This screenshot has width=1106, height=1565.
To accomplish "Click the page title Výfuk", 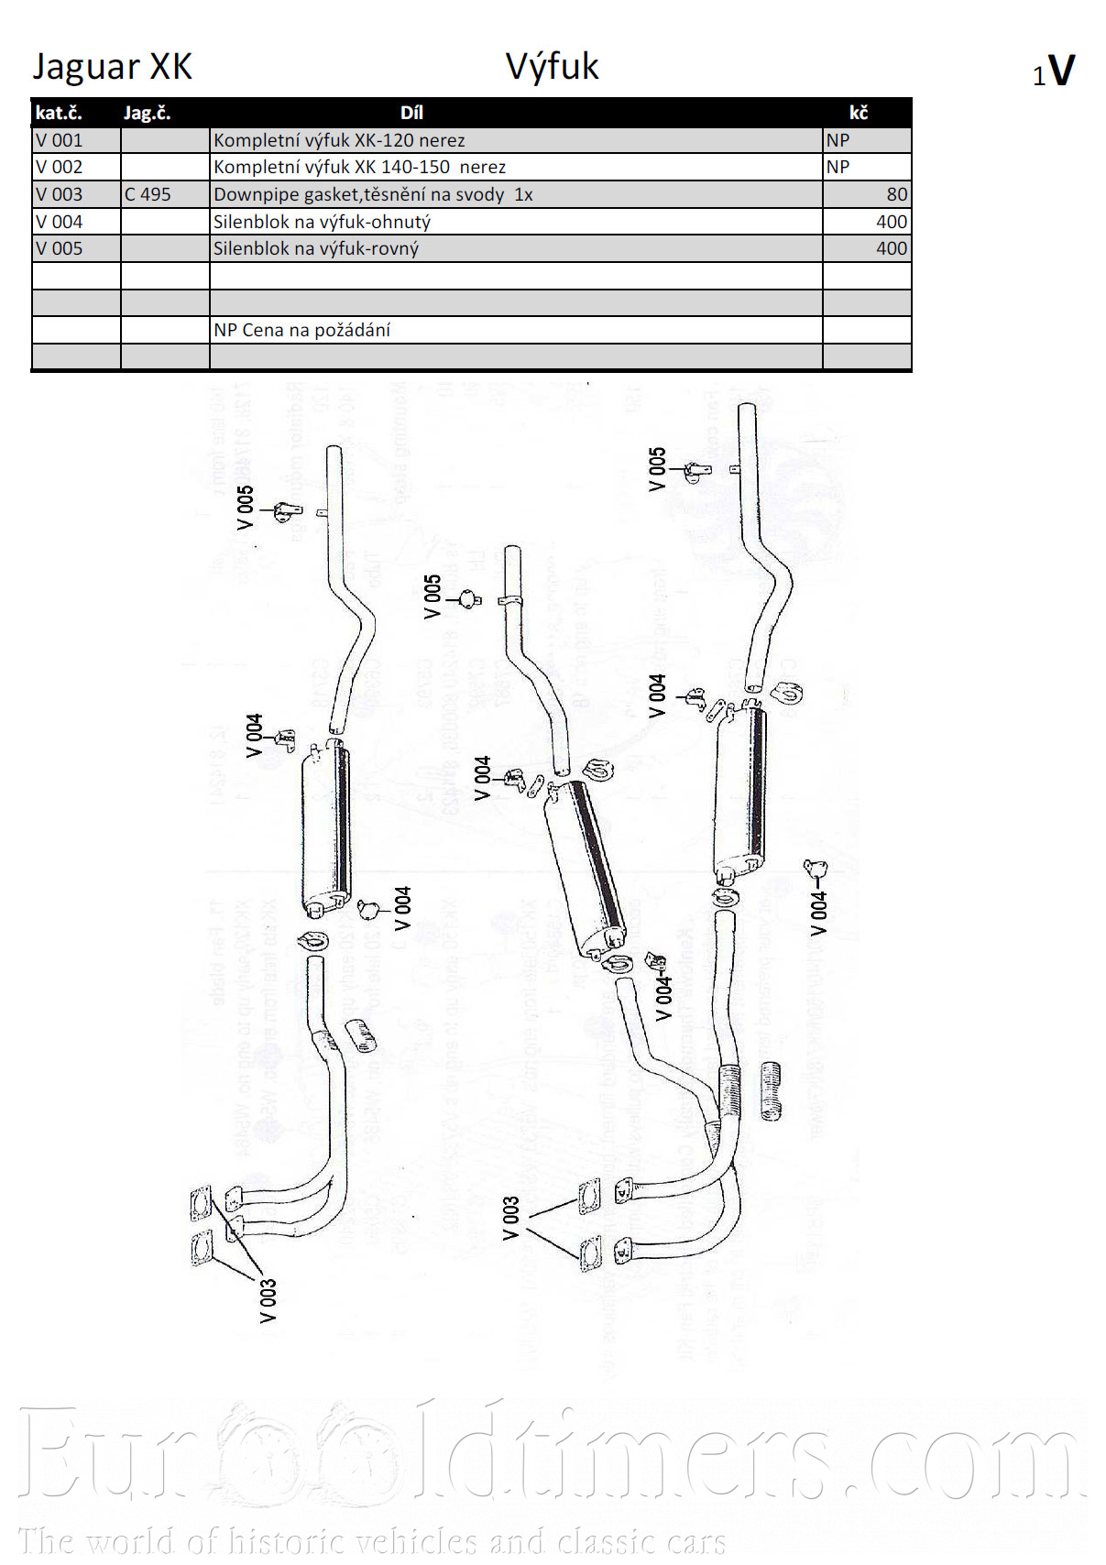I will pos(552,67).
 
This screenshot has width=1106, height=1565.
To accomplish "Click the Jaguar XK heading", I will pos(113,67).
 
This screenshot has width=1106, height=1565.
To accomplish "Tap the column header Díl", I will pos(411,113).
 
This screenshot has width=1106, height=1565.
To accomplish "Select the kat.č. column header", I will pos(59,113).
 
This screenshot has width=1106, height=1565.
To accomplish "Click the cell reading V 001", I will pos(60,140).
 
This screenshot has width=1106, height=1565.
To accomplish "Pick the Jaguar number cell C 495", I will pos(148,194).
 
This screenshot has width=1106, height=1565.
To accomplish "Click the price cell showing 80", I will pos(896,194).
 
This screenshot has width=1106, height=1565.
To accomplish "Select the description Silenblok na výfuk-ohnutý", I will pos(322,222).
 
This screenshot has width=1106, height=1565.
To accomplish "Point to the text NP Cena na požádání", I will pos(301,330).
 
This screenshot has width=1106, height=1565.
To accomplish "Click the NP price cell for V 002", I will pos(838,167).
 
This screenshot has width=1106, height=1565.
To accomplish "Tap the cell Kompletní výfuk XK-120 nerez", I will pos(339,140).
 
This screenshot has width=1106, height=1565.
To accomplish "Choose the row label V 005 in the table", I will pos(60,248).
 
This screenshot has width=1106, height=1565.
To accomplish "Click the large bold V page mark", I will pos(1061,71).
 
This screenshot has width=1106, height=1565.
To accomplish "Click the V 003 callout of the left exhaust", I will pos(268,1300).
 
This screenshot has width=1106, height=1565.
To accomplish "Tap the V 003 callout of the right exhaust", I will pos(510,1218).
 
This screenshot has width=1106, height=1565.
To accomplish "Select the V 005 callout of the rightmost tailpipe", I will pos(657,469).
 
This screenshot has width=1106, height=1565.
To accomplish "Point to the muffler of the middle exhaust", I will pos(586,866).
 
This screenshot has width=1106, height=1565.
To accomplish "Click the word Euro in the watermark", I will pos(110,1457).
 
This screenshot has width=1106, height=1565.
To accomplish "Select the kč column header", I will pos(859,113).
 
